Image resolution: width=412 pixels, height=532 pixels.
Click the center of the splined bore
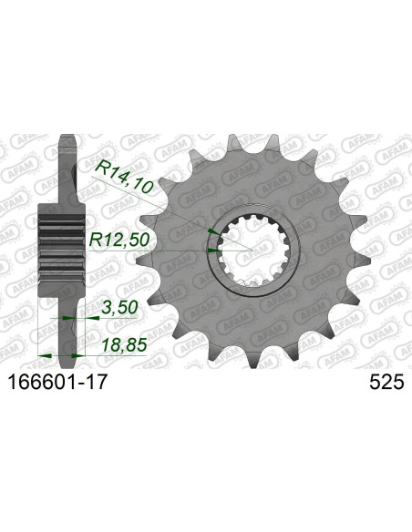[249, 247]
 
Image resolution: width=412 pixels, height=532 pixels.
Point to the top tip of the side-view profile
[66, 139]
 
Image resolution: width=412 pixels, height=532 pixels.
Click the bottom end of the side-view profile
[66, 350]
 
